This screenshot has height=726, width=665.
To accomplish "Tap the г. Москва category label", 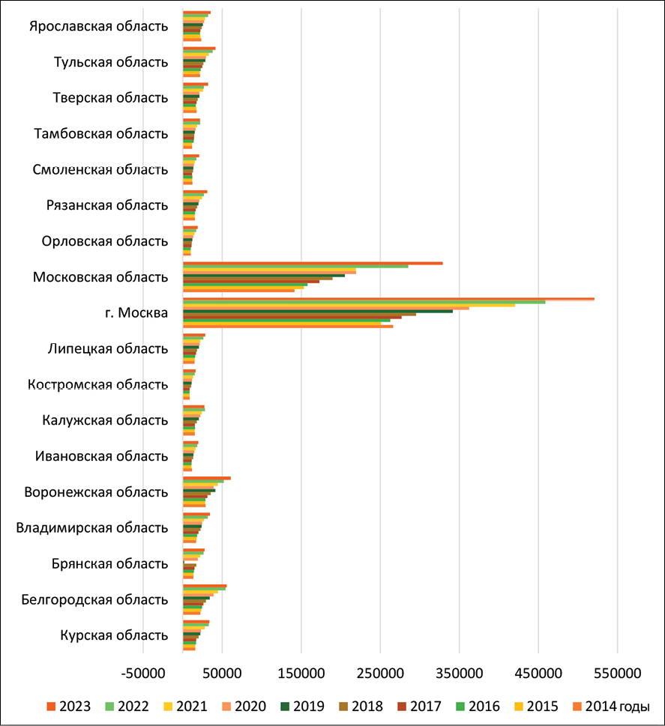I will (137, 313).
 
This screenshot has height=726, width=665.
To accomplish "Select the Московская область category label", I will (100, 277).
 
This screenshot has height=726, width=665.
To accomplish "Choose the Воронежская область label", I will (96, 492).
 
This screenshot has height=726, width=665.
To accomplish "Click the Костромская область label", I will (97, 385).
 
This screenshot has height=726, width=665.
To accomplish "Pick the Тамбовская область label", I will (101, 133).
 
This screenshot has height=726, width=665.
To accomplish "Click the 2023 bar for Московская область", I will (313, 263).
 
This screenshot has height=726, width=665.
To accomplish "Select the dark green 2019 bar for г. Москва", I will (318, 311).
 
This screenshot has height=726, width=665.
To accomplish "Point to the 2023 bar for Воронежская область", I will (207, 478).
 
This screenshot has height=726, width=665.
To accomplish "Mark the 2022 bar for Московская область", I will (295, 267).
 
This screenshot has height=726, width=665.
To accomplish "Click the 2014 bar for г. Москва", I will (288, 326).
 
